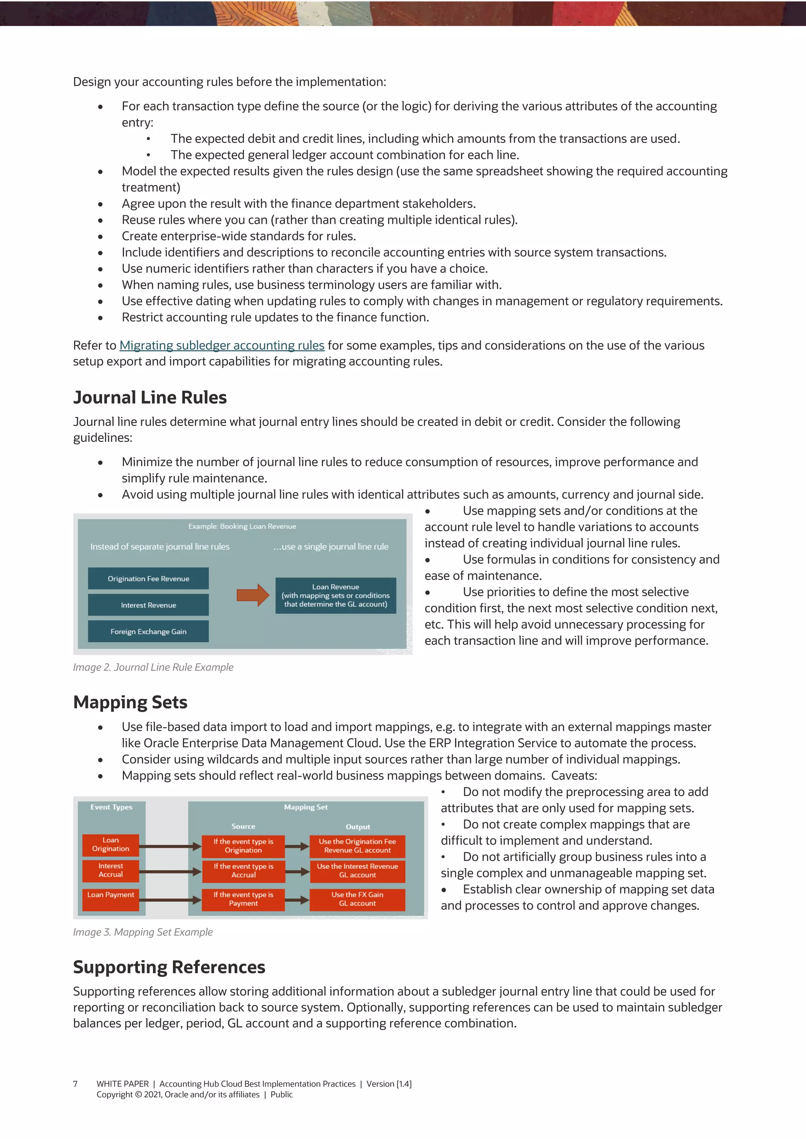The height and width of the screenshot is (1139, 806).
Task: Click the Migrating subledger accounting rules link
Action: [222, 345]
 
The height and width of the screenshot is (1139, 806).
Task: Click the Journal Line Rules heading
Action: [150, 397]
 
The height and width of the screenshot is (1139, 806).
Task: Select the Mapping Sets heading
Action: [130, 702]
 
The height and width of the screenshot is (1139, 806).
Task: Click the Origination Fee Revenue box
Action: [148, 578]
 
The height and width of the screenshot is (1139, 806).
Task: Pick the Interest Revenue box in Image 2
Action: [148, 605]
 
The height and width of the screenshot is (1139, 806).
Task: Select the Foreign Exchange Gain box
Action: [148, 631]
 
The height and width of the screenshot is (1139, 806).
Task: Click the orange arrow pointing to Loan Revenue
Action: [253, 595]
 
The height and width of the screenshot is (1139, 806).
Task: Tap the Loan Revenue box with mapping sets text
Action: [335, 595]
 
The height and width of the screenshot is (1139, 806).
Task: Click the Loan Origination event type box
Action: [111, 845]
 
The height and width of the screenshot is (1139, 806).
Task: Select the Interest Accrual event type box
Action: [111, 871]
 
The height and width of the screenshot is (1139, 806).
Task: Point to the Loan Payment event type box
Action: [111, 899]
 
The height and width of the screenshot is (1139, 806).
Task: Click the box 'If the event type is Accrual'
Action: [243, 871]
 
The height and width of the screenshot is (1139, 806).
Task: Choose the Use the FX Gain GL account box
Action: [357, 899]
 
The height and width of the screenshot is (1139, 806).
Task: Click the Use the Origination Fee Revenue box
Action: [357, 846]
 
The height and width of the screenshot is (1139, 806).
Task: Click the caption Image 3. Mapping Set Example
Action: [143, 932]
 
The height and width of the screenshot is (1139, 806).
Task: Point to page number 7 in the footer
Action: [76, 1084]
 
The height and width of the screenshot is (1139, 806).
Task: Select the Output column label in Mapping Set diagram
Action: [358, 827]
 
